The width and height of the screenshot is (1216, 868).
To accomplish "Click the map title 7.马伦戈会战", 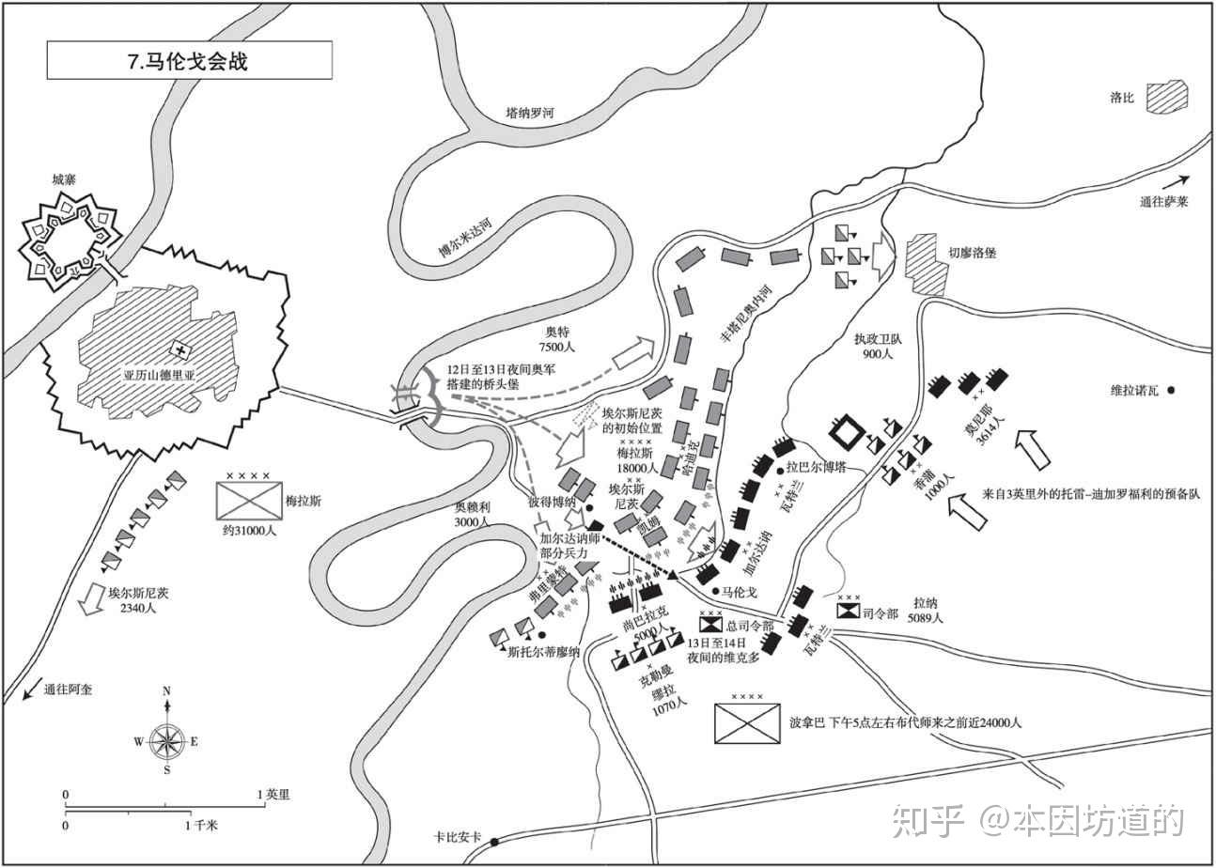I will (189, 61).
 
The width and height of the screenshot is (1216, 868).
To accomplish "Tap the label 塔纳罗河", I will (530, 114).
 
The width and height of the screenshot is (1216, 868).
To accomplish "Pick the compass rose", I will (166, 741).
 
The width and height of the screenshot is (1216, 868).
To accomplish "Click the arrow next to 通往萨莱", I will (1175, 180).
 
